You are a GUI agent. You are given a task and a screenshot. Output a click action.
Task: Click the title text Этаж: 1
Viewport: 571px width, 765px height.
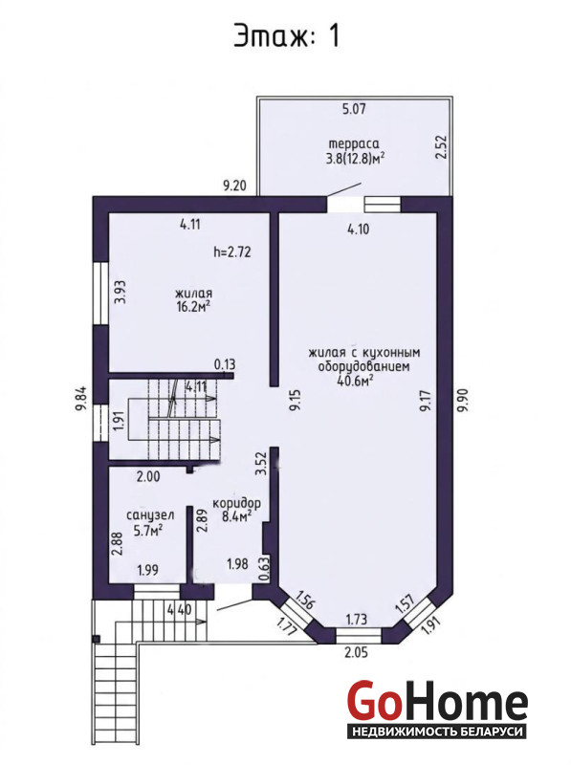(287, 35)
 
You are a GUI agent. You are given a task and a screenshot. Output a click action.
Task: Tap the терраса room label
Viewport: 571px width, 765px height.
(354, 144)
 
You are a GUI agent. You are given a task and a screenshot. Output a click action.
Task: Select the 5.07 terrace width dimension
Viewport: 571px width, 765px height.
(354, 108)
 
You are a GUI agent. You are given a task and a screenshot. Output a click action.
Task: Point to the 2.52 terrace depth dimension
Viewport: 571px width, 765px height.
(441, 147)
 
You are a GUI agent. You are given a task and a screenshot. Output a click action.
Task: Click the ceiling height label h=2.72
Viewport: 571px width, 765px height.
(232, 251)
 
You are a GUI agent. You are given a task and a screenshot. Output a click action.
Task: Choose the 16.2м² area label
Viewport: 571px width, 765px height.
(193, 306)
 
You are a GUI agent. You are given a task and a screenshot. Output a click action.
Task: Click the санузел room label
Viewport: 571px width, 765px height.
(150, 515)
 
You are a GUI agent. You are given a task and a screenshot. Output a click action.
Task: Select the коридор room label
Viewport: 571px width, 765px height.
(236, 503)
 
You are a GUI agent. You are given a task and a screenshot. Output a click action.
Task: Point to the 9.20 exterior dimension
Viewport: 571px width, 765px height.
(234, 186)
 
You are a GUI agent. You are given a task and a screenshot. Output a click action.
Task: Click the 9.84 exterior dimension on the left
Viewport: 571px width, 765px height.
(81, 398)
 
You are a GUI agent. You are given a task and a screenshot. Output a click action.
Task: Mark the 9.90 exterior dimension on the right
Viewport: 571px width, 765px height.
(462, 400)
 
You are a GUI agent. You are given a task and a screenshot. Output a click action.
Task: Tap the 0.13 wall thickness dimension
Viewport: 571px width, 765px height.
(225, 364)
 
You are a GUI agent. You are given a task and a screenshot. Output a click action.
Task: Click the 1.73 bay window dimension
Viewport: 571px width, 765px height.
(356, 619)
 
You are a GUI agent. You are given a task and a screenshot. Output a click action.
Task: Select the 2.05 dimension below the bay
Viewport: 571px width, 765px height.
(356, 652)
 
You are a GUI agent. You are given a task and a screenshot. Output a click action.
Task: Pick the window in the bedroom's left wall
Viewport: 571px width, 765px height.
(100, 294)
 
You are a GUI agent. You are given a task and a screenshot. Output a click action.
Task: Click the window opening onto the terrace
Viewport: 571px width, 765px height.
(383, 204)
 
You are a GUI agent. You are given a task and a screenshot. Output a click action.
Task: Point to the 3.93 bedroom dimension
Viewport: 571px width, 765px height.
(121, 292)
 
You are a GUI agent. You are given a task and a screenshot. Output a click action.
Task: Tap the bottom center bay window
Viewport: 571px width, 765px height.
(359, 635)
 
